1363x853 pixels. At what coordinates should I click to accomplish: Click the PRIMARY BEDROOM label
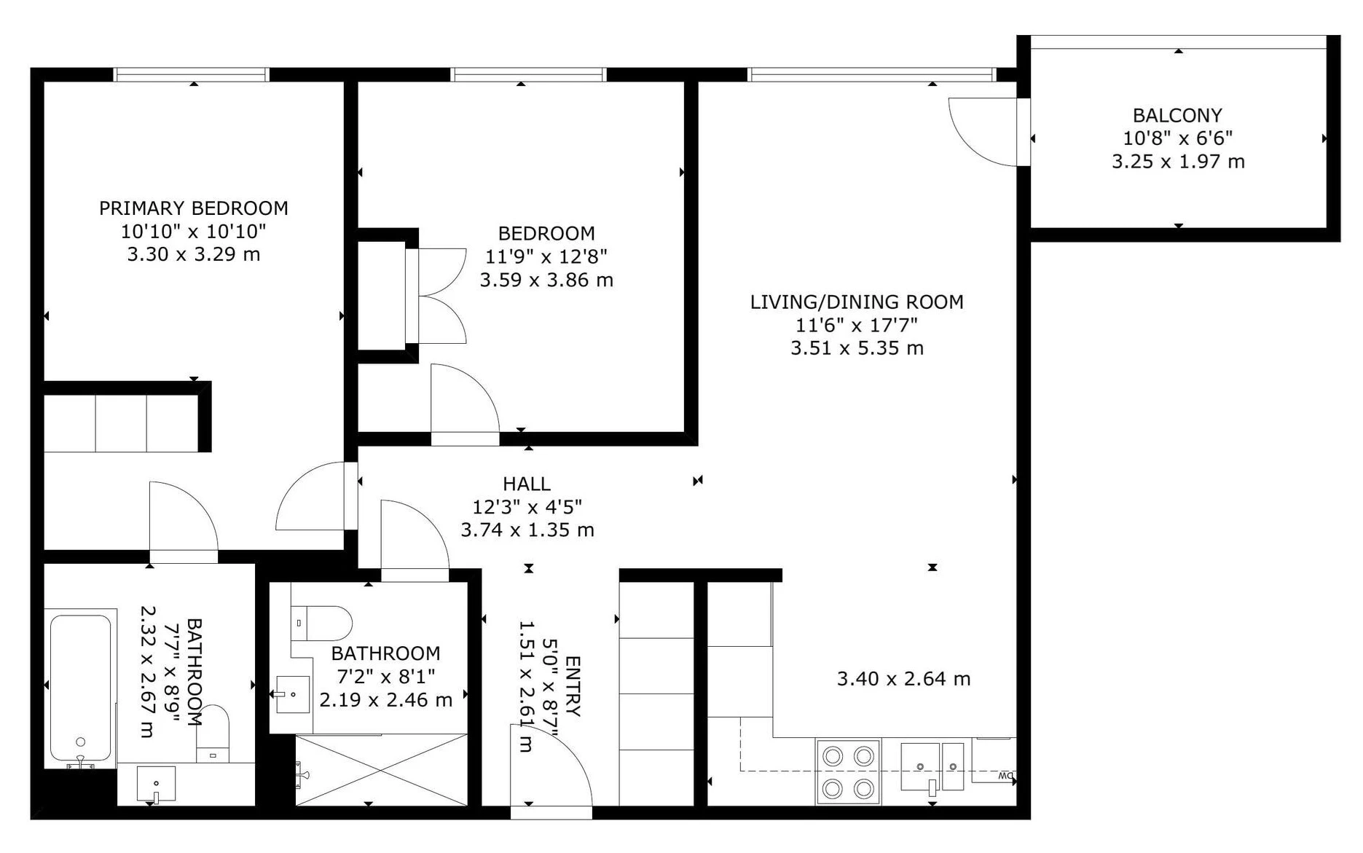point(194,208)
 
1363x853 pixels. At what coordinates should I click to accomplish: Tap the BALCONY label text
point(1177,115)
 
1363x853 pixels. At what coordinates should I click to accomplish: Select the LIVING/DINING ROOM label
point(857,302)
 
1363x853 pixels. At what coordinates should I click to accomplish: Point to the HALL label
point(527,484)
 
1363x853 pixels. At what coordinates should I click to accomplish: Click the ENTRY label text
point(573,686)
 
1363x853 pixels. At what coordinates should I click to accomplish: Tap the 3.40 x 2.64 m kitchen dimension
point(903,679)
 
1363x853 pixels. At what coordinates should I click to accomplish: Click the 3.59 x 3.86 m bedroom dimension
point(546,280)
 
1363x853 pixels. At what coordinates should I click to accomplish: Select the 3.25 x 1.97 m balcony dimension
point(1178,162)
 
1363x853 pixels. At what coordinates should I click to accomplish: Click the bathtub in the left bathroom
point(80,687)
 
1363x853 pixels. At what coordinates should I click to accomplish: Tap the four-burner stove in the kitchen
point(848,772)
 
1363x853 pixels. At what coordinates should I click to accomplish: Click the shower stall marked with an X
point(382,770)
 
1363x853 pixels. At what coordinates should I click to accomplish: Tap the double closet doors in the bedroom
point(442,296)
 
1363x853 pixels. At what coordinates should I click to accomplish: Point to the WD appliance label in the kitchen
point(1006,775)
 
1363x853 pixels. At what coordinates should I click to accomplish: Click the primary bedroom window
point(192,74)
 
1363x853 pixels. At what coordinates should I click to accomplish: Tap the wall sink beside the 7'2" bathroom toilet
point(292,694)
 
